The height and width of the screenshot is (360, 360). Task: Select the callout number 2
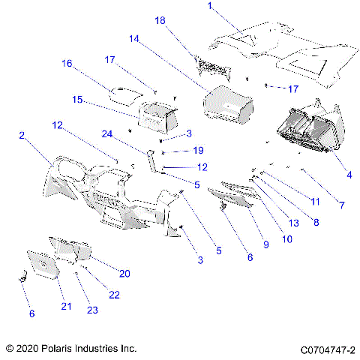[22, 136]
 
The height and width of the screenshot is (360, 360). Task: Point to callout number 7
[342, 205]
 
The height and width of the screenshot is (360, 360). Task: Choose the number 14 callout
[134, 38]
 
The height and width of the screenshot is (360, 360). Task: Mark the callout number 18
[160, 22]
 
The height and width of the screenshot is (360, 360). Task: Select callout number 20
[124, 274]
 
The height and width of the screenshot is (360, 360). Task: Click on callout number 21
[66, 306]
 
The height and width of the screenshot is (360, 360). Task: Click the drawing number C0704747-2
[327, 349]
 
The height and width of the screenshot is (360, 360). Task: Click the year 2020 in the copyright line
[28, 349]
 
